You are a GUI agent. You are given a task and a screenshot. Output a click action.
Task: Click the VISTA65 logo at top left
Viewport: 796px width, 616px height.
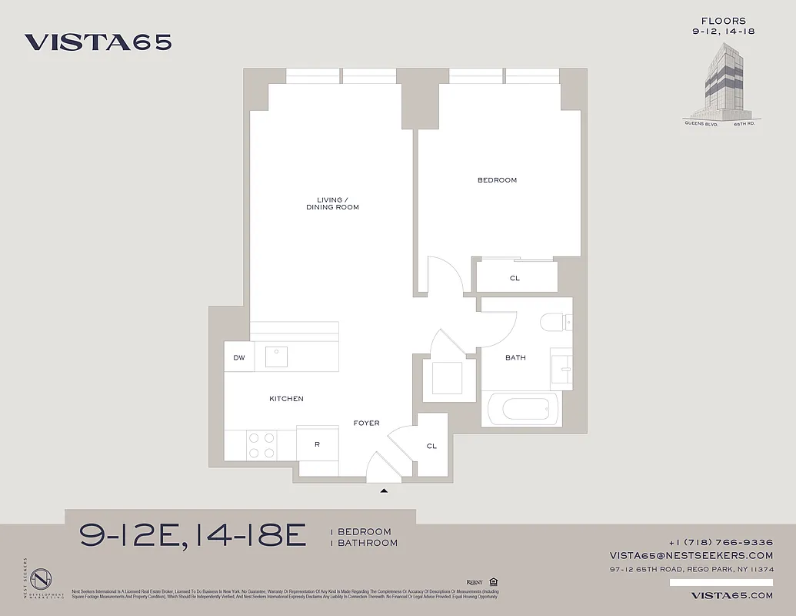click(98, 42)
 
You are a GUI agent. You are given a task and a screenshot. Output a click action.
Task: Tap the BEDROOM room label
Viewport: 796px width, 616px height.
click(497, 180)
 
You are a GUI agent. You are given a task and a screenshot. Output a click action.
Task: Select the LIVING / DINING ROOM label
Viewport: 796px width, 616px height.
click(332, 203)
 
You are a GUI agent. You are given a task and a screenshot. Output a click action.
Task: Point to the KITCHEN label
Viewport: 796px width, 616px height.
click(286, 399)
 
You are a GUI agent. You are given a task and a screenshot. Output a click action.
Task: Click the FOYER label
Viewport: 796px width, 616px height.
click(366, 423)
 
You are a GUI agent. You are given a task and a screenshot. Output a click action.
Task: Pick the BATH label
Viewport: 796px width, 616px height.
click(515, 357)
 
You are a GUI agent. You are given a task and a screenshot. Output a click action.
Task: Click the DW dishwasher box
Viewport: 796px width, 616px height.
click(239, 357)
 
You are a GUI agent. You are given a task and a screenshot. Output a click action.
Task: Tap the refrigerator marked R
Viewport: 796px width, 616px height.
click(317, 444)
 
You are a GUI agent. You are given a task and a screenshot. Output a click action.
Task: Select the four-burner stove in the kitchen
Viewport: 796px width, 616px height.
click(261, 445)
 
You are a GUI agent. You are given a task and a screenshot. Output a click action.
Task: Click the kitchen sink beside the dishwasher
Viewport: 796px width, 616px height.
click(276, 357)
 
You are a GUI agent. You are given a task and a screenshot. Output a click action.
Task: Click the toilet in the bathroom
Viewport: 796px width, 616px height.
click(553, 322)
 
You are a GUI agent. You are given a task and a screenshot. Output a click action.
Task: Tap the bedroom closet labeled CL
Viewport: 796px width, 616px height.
click(515, 278)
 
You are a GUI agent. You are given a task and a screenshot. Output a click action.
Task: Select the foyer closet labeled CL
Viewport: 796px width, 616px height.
click(431, 446)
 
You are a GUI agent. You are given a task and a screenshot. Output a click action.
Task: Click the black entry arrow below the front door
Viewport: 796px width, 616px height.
click(385, 489)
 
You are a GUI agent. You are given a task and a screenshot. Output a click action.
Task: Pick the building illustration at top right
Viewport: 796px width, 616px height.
click(718, 81)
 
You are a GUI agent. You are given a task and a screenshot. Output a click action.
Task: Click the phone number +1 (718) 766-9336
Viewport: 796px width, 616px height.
click(721, 542)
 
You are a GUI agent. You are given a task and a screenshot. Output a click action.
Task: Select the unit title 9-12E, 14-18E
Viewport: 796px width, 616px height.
click(193, 535)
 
